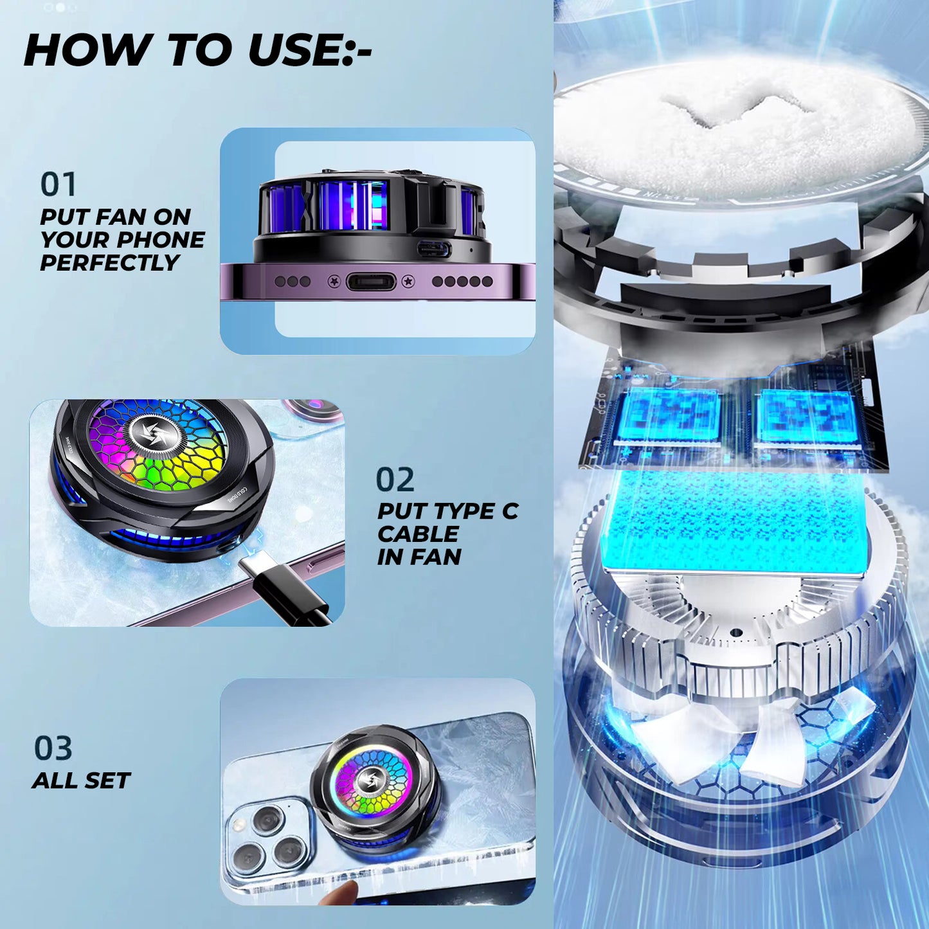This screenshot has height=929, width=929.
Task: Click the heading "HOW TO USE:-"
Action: [x=197, y=50]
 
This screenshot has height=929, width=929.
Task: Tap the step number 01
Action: [x=58, y=184]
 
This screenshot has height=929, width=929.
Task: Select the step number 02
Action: [x=395, y=480]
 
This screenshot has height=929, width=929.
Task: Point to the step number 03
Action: [x=53, y=748]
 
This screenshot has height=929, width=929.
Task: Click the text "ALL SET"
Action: [x=81, y=781]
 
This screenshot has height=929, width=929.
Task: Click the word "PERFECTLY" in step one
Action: [x=110, y=263]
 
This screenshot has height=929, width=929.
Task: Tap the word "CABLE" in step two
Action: [x=418, y=534]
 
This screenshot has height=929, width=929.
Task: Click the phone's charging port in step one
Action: [x=371, y=282]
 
